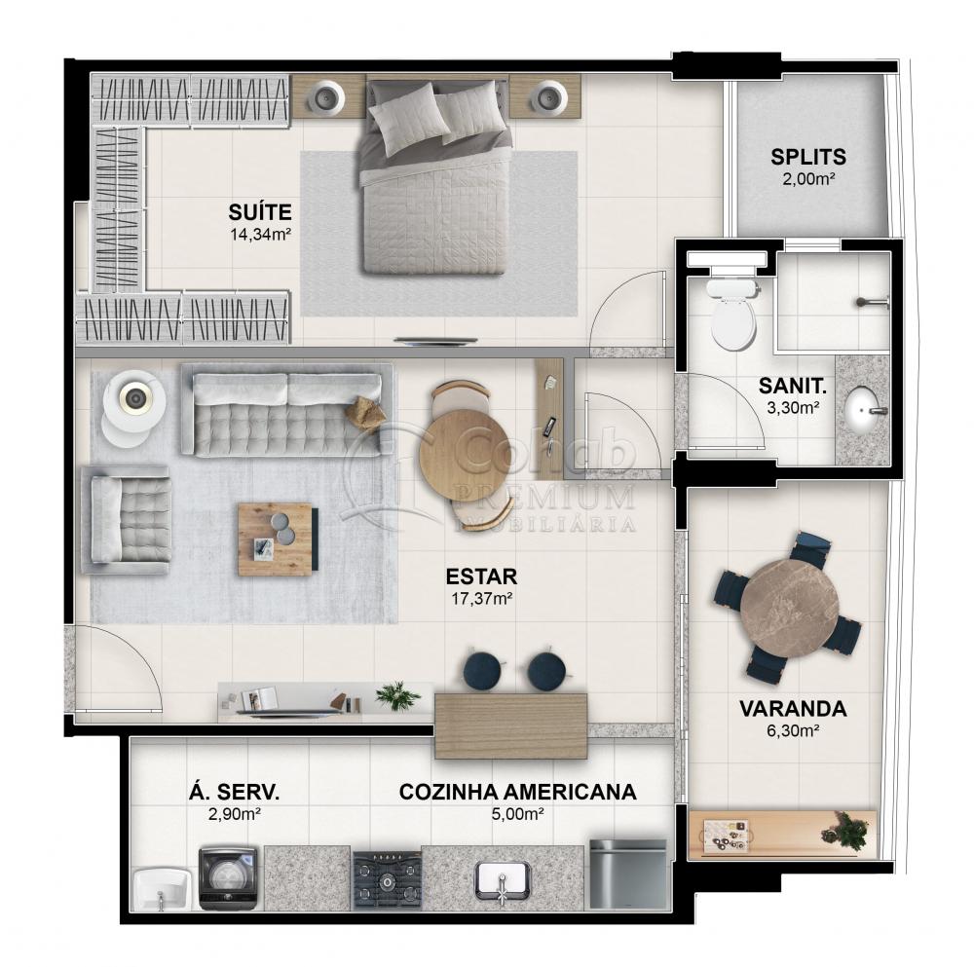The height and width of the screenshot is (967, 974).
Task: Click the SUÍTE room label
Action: click(x=260, y=210)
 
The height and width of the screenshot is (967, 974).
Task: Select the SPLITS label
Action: click(x=808, y=156)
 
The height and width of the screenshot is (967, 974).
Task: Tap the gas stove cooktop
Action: click(x=387, y=878)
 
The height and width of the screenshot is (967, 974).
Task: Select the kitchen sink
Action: click(x=503, y=879)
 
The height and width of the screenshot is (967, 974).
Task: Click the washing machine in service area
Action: click(x=228, y=876)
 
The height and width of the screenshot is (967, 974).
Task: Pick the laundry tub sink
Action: click(x=161, y=886)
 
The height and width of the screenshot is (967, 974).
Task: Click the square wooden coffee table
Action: click(x=275, y=539)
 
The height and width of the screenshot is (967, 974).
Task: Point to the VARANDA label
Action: click(x=791, y=708)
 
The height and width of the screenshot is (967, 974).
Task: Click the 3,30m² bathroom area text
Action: click(x=793, y=407)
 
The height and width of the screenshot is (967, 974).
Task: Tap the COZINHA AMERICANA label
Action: click(x=517, y=792)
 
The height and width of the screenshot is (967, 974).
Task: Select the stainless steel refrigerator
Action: click(x=627, y=874)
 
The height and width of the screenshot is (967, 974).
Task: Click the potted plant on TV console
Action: click(x=397, y=694)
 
